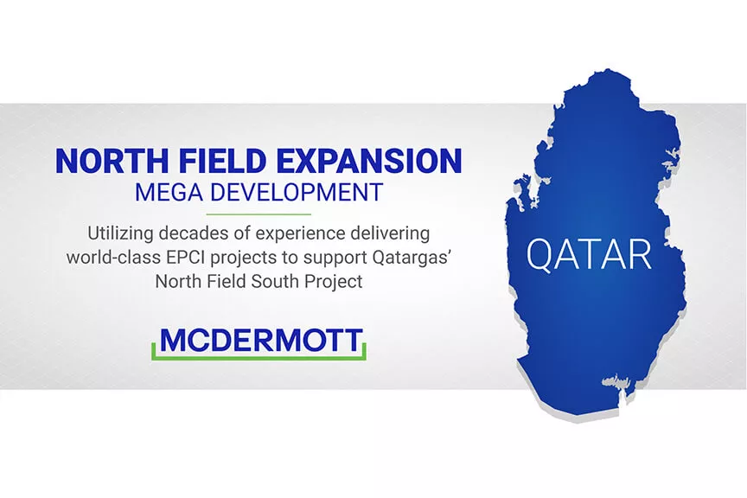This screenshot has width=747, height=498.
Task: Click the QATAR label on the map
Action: click(x=589, y=255)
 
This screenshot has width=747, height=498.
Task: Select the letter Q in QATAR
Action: click(x=540, y=255)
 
